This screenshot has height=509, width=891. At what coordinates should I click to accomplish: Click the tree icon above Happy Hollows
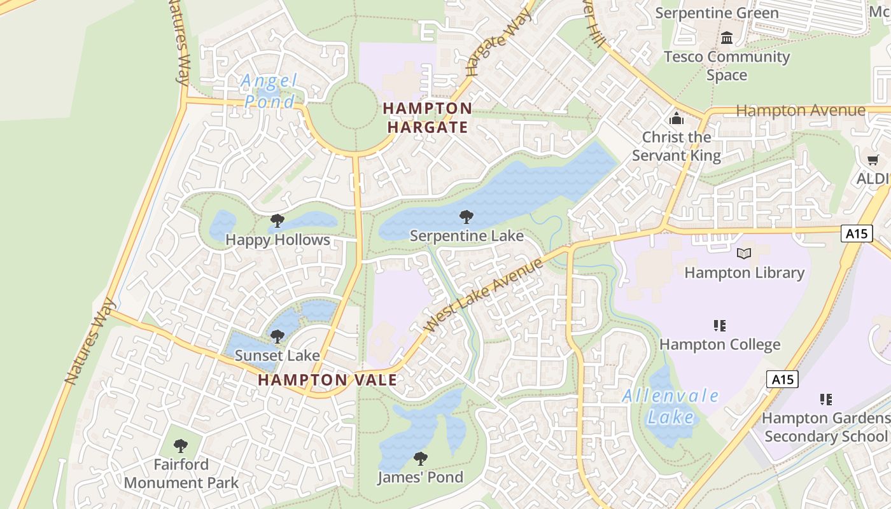pos(277,221)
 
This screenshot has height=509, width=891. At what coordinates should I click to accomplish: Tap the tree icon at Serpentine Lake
pos(467,217)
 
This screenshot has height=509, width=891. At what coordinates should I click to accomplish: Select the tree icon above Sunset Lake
pos(277,336)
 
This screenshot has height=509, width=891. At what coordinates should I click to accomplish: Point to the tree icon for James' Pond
pos(420,458)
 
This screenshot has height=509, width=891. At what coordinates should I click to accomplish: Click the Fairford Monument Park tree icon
pos(181,445)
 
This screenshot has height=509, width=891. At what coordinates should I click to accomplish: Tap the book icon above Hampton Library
pos(743,253)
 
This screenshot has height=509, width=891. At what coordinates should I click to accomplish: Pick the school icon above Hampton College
pos(720,326)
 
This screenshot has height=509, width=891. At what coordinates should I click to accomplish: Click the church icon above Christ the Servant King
pos(676,118)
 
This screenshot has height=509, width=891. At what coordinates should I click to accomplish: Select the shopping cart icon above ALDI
pos(873,160)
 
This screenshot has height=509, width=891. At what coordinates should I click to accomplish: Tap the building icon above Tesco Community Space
pos(727,38)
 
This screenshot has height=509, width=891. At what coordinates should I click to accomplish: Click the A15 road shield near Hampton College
pos(782,380)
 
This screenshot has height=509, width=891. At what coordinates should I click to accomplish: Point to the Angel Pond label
pos(270,91)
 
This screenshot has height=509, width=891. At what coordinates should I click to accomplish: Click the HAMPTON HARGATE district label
pos(428,118)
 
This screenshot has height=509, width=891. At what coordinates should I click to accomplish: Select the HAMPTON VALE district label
pos(328,380)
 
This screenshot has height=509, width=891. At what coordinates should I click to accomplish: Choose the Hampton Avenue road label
pos(801,111)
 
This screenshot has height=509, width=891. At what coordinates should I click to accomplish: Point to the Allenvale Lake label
pos(670,406)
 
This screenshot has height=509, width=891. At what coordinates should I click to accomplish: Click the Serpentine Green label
pos(717,13)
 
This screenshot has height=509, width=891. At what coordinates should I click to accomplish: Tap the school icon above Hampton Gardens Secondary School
pos(825,400)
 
